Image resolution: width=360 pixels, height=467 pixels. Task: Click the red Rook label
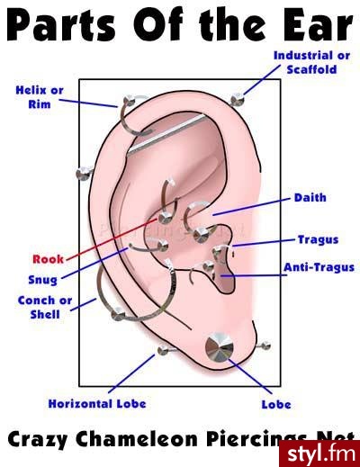pyautogui.click(x=48, y=259)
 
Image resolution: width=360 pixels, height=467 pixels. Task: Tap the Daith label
pyautogui.click(x=310, y=198)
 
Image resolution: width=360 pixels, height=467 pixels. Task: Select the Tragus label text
pyautogui.click(x=319, y=239)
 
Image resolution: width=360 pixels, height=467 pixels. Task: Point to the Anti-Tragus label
pyautogui.click(x=319, y=267)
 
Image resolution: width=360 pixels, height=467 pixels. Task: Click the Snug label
pyautogui.click(x=42, y=280)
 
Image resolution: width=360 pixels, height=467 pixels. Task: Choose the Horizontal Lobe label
pyautogui.click(x=97, y=404)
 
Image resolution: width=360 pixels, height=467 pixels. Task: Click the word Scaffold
pyautogui.click(x=311, y=69)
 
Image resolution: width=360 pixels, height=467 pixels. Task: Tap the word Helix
pyautogui.click(x=31, y=90)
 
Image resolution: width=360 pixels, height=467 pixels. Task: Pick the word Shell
pyautogui.click(x=45, y=314)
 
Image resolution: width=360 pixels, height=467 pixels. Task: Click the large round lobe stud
pyautogui.click(x=219, y=347)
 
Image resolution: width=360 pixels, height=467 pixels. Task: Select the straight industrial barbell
pyautogui.click(x=166, y=135)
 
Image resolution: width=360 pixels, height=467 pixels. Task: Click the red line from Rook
pyautogui.click(x=112, y=239)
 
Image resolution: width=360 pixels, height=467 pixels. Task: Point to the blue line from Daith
pyautogui.click(x=251, y=207)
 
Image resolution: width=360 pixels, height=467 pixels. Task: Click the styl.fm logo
pyautogui.click(x=319, y=454)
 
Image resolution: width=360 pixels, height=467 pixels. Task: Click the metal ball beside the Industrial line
pyautogui.click(x=238, y=99)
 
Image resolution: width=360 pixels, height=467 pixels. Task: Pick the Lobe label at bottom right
pyautogui.click(x=276, y=404)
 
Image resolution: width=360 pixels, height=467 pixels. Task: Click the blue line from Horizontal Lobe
pyautogui.click(x=131, y=373)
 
